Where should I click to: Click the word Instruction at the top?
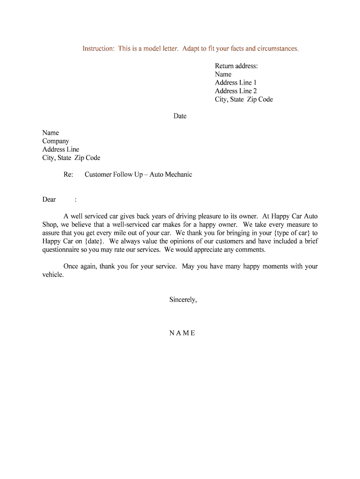(x=98, y=49)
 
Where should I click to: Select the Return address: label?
(x=236, y=66)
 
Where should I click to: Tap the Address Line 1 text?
(x=236, y=83)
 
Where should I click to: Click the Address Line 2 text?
(x=236, y=91)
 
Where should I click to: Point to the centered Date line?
(x=180, y=116)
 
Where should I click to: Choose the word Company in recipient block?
(x=56, y=141)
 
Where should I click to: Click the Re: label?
(x=68, y=174)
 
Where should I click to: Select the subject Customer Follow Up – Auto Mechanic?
(x=138, y=174)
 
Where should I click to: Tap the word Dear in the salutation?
(x=49, y=200)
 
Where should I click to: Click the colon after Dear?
(x=76, y=200)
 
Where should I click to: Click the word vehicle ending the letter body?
(x=52, y=275)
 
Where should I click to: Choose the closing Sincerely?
(x=183, y=300)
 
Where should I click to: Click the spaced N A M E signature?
(x=182, y=333)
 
